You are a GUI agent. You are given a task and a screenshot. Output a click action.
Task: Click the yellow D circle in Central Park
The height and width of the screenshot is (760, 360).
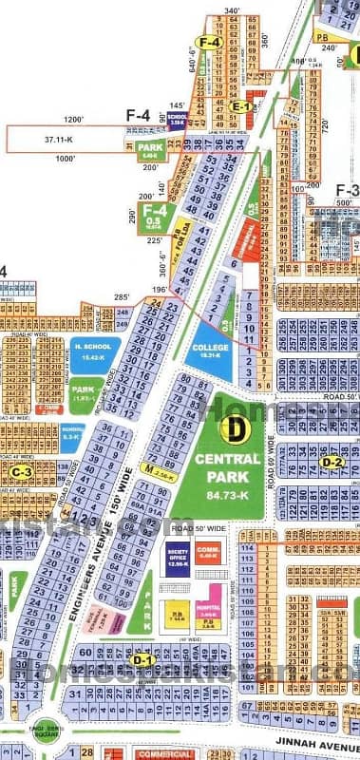pos(231,428)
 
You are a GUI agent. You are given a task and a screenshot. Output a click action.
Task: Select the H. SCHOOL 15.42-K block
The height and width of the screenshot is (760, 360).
pos(94,351)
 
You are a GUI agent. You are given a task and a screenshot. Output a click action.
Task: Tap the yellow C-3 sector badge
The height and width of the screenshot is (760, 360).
pos(19,471)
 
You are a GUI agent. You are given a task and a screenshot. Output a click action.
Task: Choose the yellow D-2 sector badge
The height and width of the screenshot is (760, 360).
pos(332,463)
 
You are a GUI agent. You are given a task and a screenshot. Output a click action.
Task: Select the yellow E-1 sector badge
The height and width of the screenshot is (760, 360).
pos(242,108)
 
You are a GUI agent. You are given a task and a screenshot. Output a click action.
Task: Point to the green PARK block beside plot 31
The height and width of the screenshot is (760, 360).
pos(151,148)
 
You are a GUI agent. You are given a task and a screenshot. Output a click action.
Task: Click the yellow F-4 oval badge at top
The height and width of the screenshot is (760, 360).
pos(210,42)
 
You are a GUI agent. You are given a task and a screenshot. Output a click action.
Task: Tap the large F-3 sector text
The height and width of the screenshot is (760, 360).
pos(347,189)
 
